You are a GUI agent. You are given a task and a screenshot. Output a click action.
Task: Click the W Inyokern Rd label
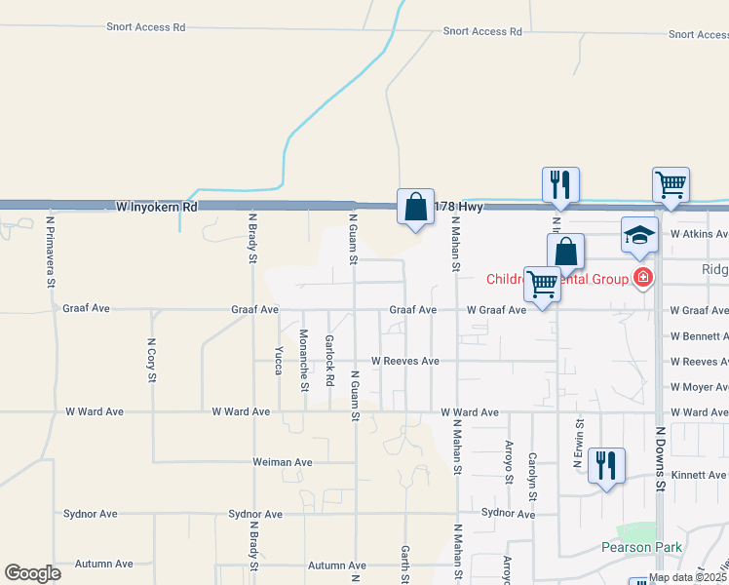156,207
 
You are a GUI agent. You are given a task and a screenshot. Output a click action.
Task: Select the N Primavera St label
51,251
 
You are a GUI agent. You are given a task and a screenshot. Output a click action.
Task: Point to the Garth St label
404,564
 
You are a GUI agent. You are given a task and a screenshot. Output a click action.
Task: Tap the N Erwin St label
578,445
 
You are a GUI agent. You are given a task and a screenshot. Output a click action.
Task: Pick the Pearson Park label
641,547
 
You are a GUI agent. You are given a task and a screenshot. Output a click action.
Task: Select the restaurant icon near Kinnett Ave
606,465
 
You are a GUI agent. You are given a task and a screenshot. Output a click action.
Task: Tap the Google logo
32,573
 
